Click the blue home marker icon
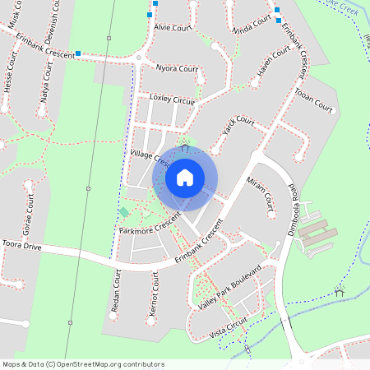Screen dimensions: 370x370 [185, 177]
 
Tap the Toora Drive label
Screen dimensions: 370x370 [21, 245]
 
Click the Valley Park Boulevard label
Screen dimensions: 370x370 [229, 287]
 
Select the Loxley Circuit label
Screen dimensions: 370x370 [171, 99]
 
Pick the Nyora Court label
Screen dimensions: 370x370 [176, 69]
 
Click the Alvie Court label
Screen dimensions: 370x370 [173, 26]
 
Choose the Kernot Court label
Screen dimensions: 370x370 [154, 294]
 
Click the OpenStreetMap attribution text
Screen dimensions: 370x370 [83, 363]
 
